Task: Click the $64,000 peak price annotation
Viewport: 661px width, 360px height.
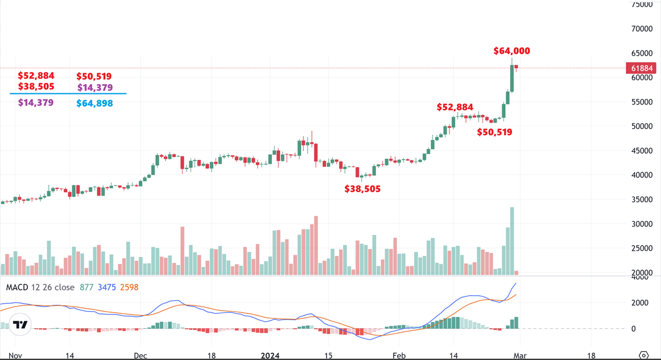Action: click(511, 51)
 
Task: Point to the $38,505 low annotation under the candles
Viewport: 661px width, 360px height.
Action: click(362, 189)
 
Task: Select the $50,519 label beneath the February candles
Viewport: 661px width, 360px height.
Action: click(494, 132)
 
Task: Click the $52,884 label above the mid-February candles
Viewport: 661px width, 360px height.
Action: click(455, 107)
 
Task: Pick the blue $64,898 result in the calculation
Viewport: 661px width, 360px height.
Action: click(94, 104)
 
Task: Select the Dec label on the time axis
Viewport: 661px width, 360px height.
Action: click(141, 355)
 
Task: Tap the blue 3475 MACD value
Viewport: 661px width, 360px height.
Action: click(106, 287)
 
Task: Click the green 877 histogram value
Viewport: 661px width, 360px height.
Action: click(86, 287)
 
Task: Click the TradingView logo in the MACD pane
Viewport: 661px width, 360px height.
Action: click(20, 325)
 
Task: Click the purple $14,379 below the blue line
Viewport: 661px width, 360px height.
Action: click(36, 103)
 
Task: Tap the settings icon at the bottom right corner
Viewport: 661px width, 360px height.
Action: click(644, 355)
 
